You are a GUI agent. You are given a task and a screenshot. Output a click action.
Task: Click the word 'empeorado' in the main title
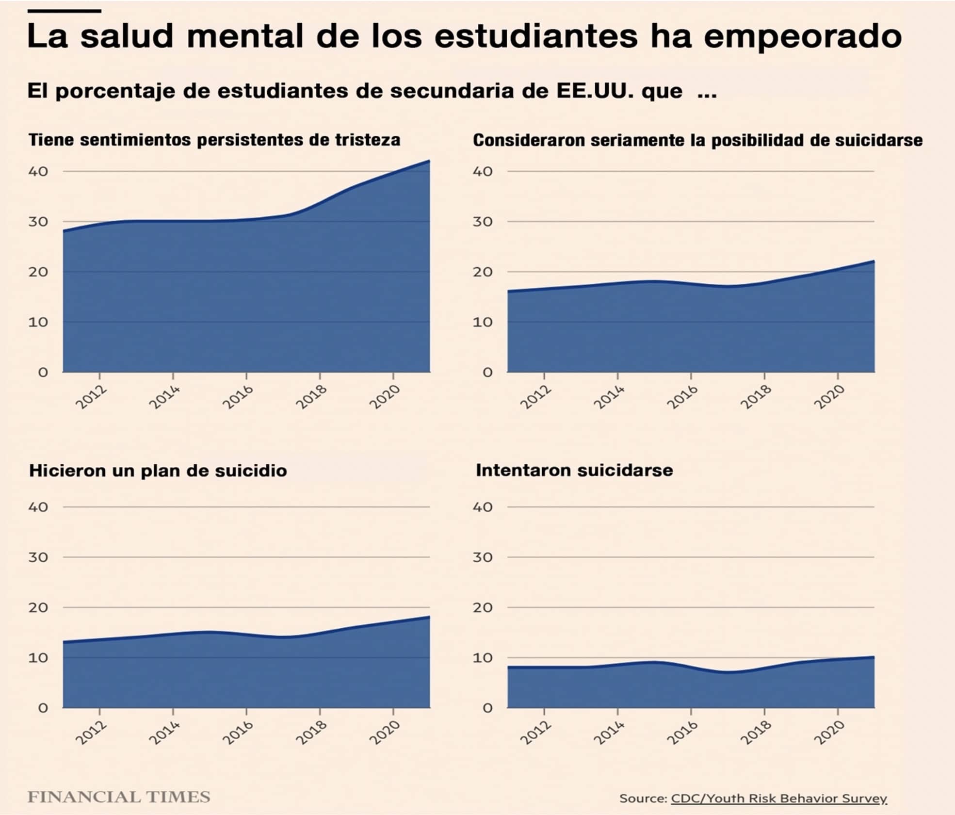click(x=802, y=36)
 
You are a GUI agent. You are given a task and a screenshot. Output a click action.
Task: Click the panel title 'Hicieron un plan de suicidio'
click(x=158, y=471)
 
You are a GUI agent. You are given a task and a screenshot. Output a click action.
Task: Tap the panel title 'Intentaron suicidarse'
click(x=574, y=470)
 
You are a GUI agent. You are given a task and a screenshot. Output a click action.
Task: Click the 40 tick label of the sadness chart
click(x=38, y=171)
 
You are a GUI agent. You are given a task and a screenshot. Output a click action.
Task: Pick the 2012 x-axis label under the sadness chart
click(x=91, y=397)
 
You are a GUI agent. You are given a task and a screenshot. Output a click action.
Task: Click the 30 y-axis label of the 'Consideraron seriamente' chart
click(x=483, y=222)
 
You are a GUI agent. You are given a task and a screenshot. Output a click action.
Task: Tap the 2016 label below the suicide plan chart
click(x=238, y=733)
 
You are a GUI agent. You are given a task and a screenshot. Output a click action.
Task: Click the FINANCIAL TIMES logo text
click(x=119, y=797)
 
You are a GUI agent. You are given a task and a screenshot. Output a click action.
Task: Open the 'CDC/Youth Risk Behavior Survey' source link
click(x=778, y=799)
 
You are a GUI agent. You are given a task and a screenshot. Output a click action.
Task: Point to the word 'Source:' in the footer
click(x=643, y=799)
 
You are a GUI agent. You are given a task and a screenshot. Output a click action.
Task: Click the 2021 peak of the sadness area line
click(x=429, y=161)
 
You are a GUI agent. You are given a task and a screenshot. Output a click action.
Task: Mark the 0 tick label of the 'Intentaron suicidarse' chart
click(x=487, y=708)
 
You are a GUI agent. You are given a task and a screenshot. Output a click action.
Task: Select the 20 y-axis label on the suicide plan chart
click(x=38, y=607)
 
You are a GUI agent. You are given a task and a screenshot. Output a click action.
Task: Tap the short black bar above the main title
click(x=64, y=11)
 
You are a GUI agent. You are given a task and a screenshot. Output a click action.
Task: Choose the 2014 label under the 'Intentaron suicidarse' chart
click(x=609, y=733)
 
